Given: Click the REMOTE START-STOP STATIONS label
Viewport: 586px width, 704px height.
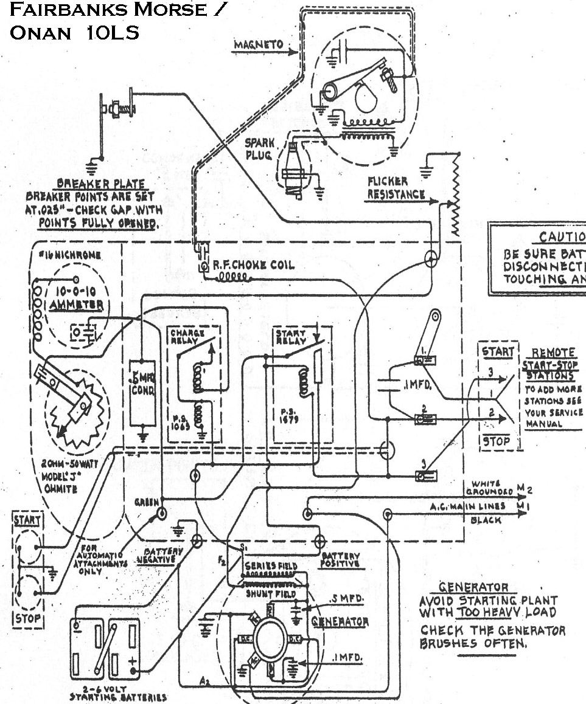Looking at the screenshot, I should [x=553, y=364].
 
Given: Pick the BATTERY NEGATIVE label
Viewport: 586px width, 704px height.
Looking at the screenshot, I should [x=159, y=555].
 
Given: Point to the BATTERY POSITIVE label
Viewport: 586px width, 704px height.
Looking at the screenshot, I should [x=341, y=559].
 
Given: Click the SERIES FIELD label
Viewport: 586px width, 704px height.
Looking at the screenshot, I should [x=270, y=565].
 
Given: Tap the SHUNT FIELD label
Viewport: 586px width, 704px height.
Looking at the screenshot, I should [x=270, y=593].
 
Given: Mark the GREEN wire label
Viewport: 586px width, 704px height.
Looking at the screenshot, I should [x=147, y=503].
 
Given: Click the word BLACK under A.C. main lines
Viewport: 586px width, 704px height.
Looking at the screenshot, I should [x=486, y=520].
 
